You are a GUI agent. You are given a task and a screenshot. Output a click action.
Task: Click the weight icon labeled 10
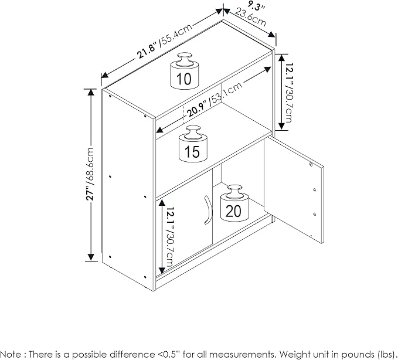[x=184, y=71]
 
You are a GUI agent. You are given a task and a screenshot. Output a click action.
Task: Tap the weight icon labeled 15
[x=193, y=144]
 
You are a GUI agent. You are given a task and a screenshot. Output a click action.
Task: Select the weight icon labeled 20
[x=234, y=203]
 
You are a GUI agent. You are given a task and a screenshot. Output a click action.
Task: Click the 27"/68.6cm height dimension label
[x=90, y=174]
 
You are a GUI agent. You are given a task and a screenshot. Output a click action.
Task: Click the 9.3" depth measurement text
[x=256, y=6]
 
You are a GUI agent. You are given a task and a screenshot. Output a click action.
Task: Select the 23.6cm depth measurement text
[x=250, y=17]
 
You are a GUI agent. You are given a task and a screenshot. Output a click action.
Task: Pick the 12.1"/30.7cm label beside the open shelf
[x=288, y=93]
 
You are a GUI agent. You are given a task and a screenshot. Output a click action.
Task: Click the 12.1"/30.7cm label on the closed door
[x=169, y=237]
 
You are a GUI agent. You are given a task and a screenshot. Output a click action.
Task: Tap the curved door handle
[x=208, y=210]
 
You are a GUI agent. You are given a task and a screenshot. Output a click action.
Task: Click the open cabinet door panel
[x=294, y=189]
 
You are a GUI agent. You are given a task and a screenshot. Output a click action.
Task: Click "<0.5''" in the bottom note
[x=168, y=354]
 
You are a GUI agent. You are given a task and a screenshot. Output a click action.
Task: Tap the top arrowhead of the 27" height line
[x=91, y=92]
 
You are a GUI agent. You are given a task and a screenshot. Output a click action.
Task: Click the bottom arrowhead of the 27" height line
[x=91, y=257]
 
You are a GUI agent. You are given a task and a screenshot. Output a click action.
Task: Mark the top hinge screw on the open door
[x=311, y=164]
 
